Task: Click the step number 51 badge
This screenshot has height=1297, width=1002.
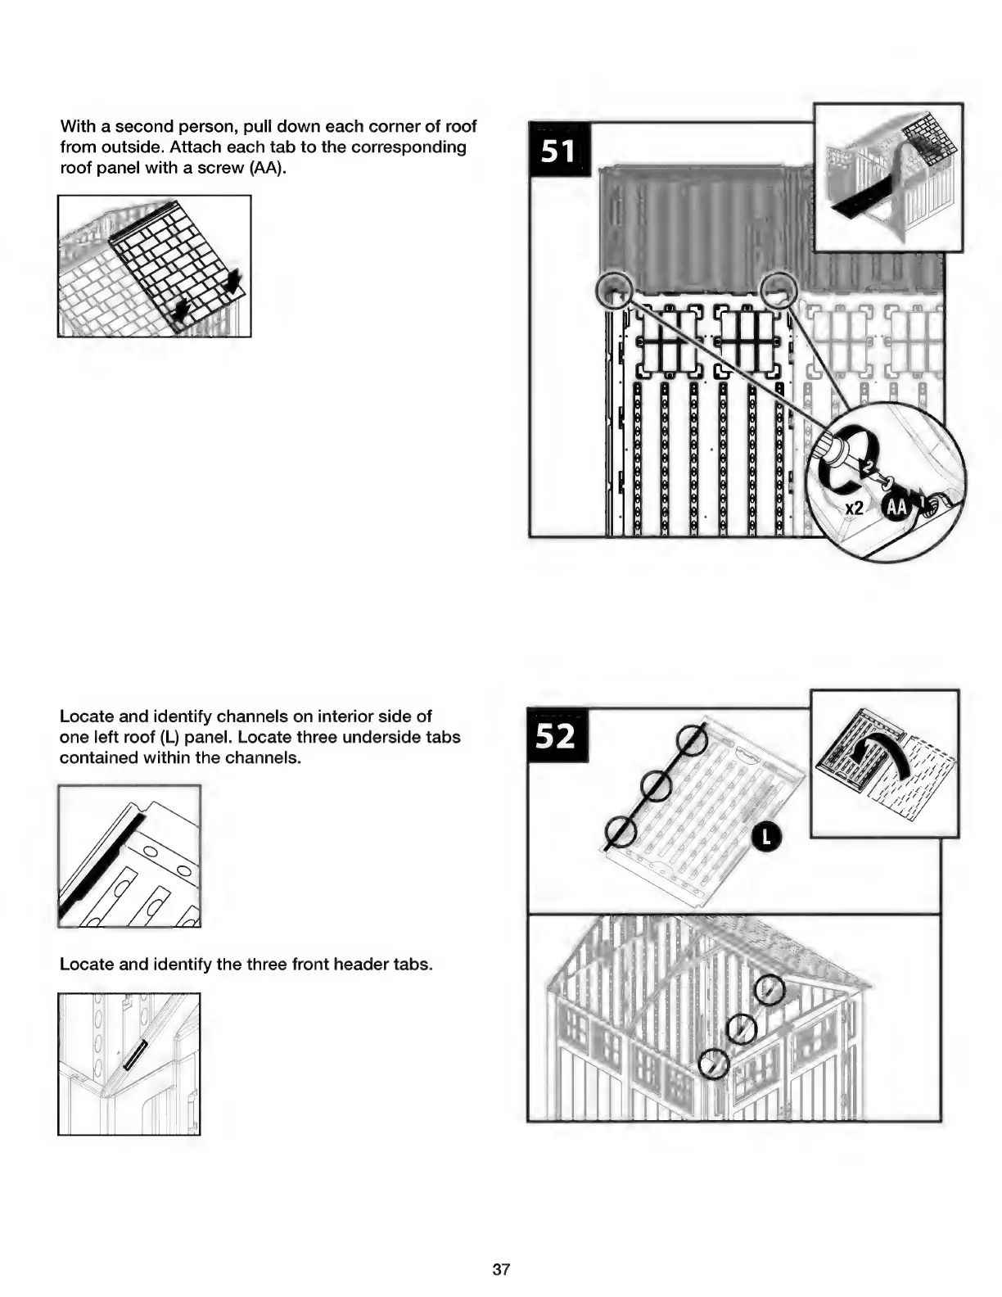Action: [x=558, y=149]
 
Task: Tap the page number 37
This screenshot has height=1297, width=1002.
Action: [x=501, y=1269]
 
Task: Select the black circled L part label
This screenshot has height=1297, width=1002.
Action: [x=767, y=836]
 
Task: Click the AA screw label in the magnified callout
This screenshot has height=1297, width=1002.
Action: [x=897, y=508]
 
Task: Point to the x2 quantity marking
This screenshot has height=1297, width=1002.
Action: [x=854, y=508]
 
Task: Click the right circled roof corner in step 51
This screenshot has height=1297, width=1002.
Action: [x=779, y=289]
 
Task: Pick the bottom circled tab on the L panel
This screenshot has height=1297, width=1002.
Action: [x=621, y=833]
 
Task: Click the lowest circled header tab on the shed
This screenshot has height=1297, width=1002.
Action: [x=715, y=1064]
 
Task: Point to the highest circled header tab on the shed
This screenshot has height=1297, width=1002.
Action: [x=769, y=991]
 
